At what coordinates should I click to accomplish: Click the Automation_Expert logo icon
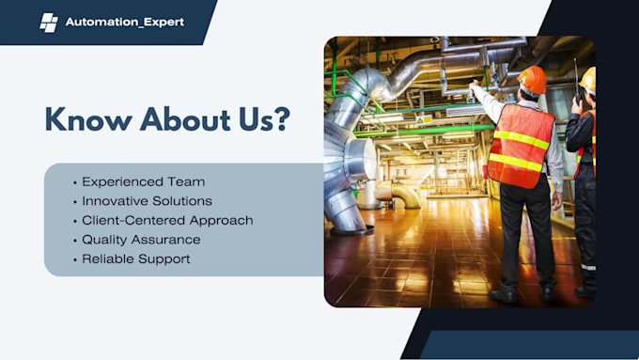[x=49, y=22]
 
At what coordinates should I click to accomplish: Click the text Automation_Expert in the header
[x=125, y=22]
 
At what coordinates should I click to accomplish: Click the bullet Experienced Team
[x=143, y=181]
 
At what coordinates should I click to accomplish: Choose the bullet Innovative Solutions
[x=147, y=201]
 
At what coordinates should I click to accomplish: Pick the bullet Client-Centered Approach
[x=167, y=220]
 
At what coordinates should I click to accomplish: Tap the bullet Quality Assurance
[x=141, y=240]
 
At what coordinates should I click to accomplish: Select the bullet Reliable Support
[x=135, y=258]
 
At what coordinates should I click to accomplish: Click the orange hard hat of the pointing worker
[x=532, y=79]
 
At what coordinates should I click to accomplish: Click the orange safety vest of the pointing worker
[x=522, y=146]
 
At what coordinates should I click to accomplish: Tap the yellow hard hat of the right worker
[x=588, y=79]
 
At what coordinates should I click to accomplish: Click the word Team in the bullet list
[x=188, y=181]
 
